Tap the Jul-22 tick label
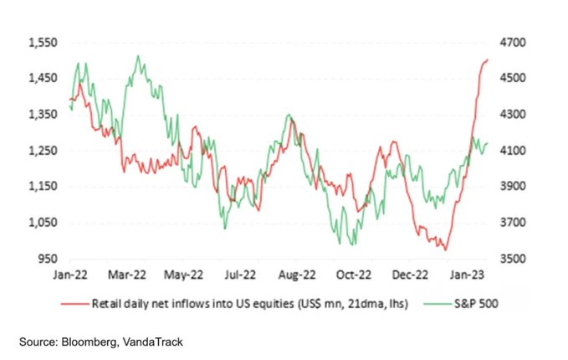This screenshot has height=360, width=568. click(240, 273)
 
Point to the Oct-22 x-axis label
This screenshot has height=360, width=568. click(353, 273)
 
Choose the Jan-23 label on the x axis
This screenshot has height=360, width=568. click(467, 273)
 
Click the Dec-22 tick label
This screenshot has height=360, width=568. click(410, 273)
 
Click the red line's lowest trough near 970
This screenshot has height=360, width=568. click(446, 249)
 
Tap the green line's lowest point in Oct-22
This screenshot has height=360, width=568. click(351, 244)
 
